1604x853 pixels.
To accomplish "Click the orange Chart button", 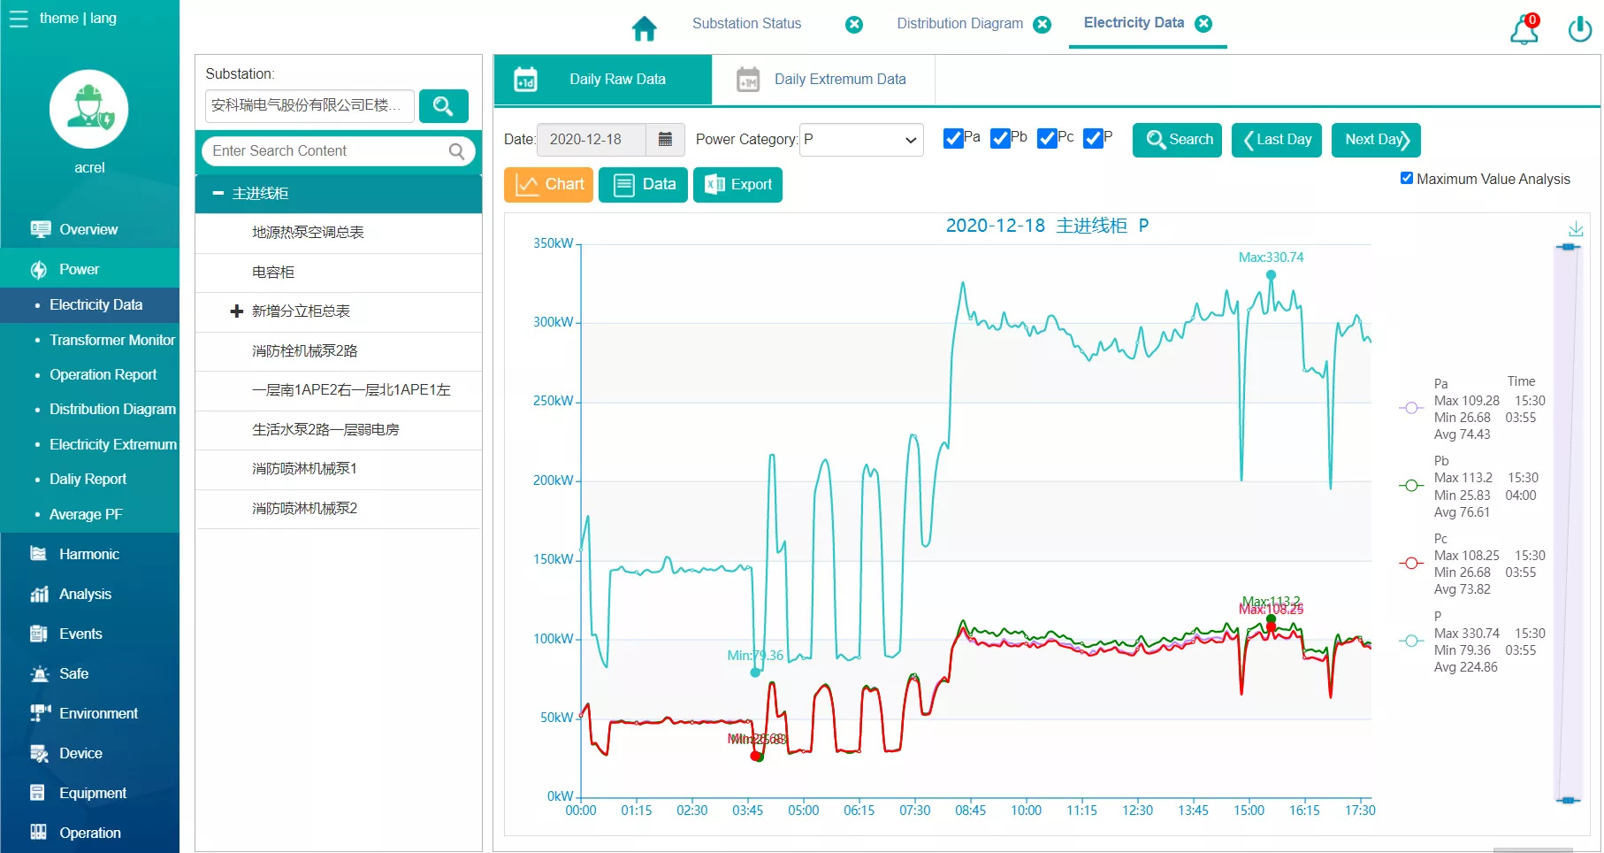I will (548, 185).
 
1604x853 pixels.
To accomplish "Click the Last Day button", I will (1276, 140).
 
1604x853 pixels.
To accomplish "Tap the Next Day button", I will (1375, 140).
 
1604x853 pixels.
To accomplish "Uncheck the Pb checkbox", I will (1000, 139).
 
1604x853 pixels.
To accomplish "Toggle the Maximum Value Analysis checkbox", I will (1407, 178).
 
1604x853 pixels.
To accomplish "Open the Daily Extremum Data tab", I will (822, 80).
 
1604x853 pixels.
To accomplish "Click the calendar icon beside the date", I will (665, 140).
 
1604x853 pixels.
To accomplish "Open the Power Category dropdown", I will (860, 140).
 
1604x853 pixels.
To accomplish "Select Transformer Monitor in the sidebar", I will (111, 340).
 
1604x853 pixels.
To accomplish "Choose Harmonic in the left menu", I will (88, 554).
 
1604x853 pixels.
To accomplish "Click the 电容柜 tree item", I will (273, 273).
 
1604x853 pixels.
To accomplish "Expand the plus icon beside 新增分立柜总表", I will (236, 311).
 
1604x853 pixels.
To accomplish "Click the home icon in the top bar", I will (645, 29).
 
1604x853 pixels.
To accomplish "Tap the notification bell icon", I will (1524, 29).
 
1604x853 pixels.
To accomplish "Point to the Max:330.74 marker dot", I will (1271, 275).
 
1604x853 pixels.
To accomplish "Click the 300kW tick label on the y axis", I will (553, 322).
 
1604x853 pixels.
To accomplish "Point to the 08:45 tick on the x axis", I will (970, 811).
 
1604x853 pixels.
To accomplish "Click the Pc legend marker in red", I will (1410, 564).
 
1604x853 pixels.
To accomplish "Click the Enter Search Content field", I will (327, 151).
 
